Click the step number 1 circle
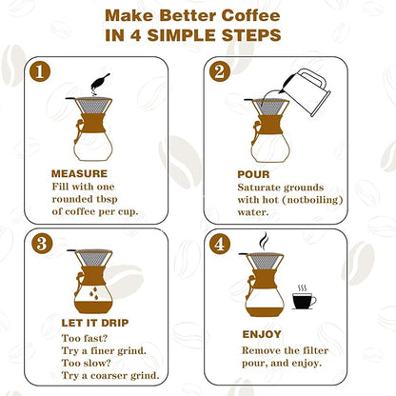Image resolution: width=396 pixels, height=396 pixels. [x=39, y=72]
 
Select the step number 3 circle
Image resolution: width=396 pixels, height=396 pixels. [x=40, y=244]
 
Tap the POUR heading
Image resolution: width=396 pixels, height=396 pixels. [x=255, y=175]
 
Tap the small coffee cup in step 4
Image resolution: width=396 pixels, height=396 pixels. [x=304, y=301]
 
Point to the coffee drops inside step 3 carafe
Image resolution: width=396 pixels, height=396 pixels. [x=91, y=296]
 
